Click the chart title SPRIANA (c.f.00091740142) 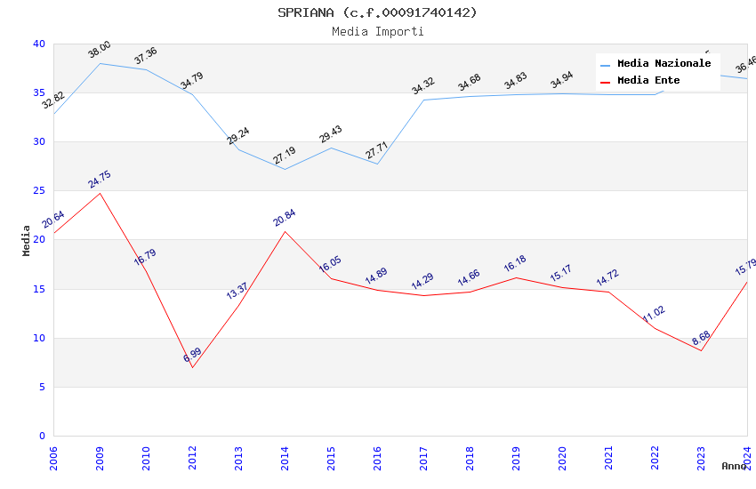tap(377, 12)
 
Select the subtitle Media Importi tap(377, 32)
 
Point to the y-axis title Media tap(27, 240)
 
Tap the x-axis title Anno tap(734, 466)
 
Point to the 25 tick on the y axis tap(39, 191)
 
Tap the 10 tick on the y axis tap(39, 338)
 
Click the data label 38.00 tap(99, 50)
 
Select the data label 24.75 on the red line tap(99, 180)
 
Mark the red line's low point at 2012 tap(192, 367)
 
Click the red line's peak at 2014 tap(285, 231)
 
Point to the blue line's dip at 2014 tap(285, 169)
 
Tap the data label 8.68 tap(701, 338)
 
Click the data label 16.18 tap(515, 265)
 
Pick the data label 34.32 tap(422, 86)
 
